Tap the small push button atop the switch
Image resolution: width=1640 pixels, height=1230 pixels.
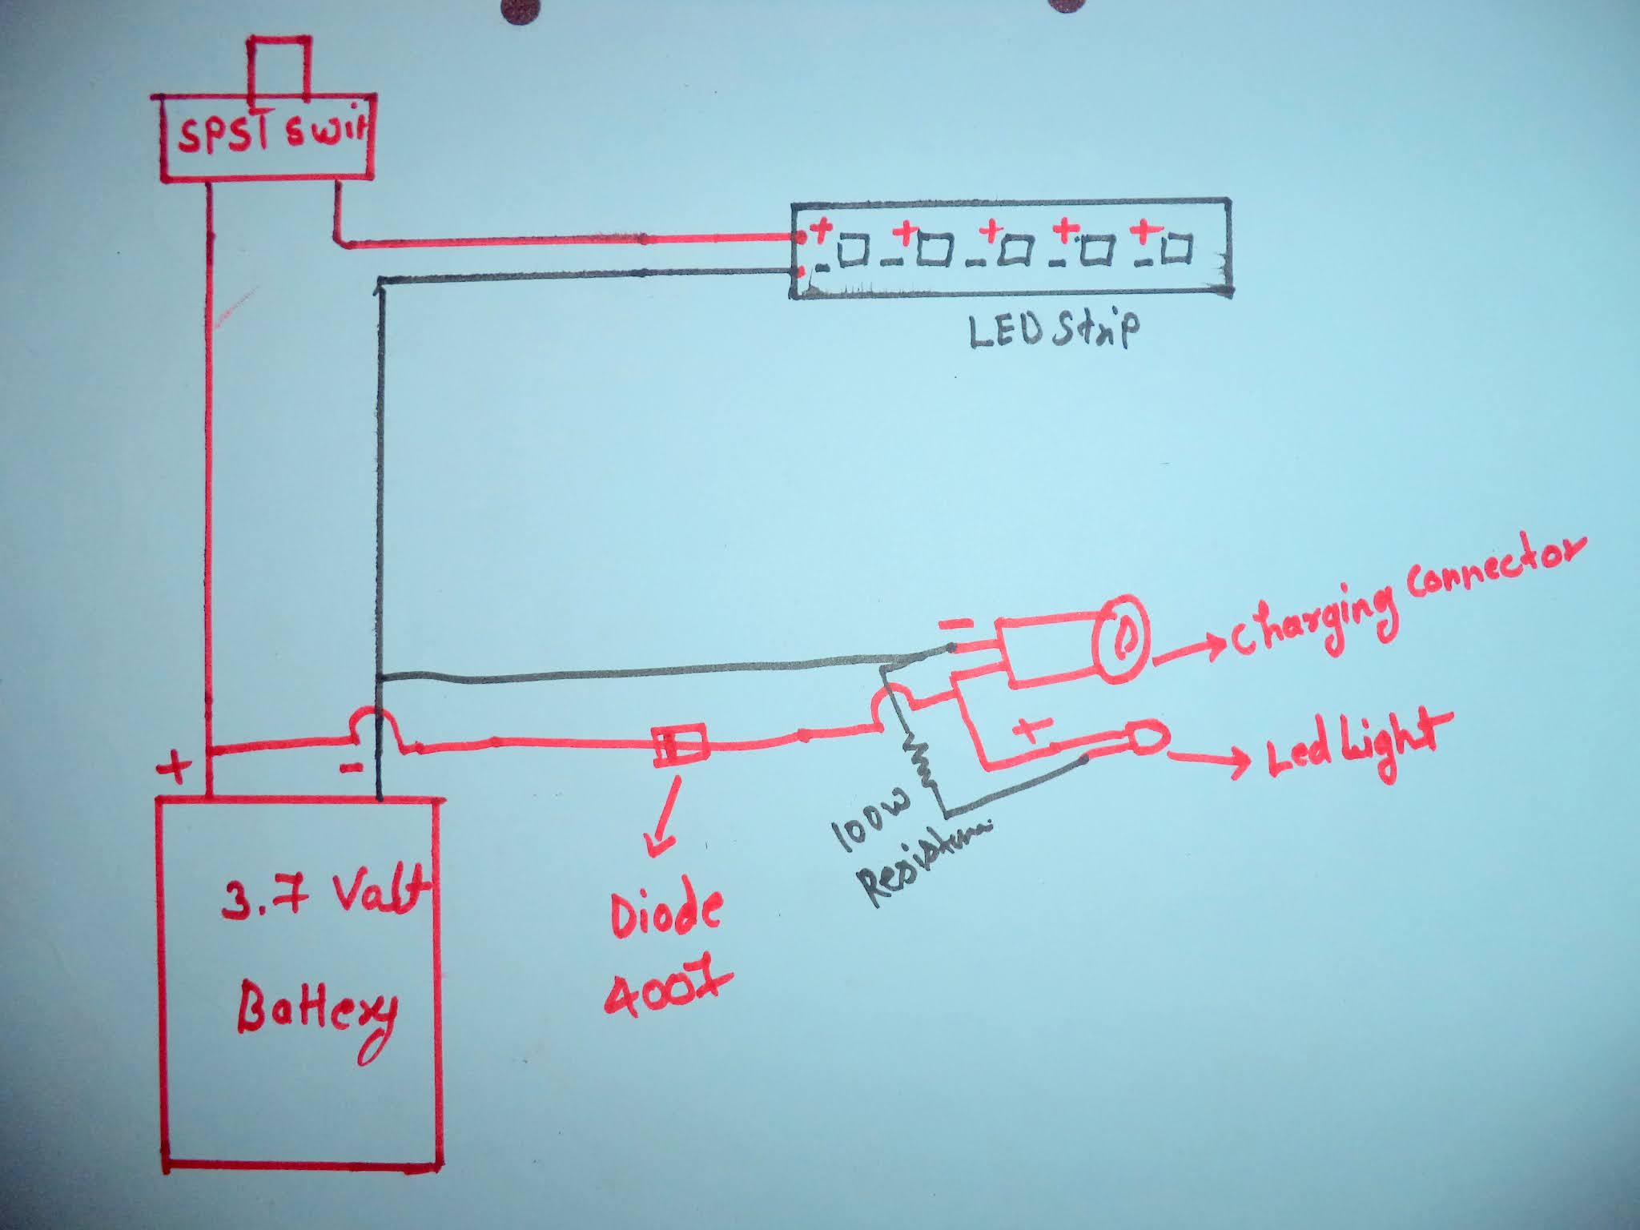279,67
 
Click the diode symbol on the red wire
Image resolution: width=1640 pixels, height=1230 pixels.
680,746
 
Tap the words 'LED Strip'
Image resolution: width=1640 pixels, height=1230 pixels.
1052,330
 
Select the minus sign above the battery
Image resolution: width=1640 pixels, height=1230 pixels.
350,769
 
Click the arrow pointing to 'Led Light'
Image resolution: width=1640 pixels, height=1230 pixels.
1209,757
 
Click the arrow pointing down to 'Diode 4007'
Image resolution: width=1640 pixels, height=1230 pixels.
665,817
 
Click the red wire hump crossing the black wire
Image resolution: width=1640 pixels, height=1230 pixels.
379,728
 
